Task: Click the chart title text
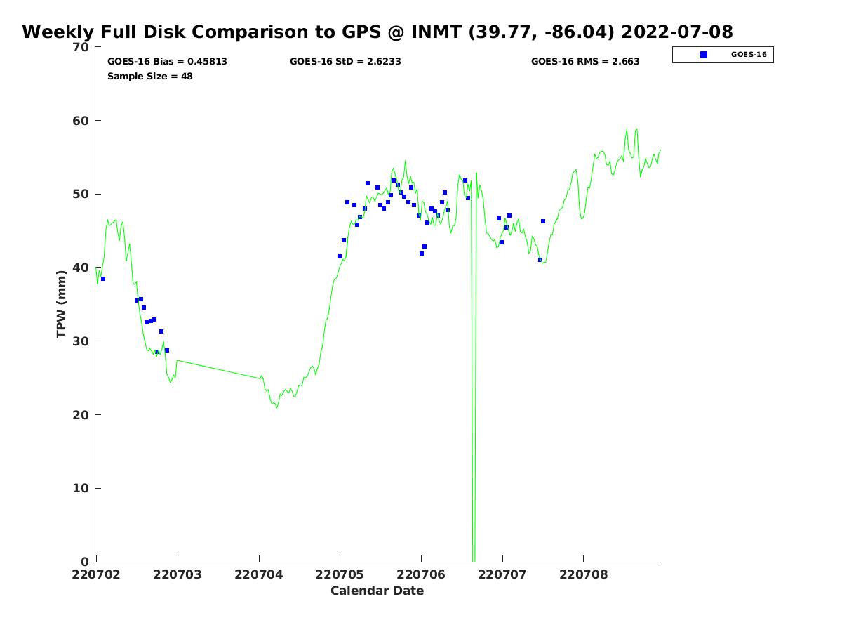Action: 377,32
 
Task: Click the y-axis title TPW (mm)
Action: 62,304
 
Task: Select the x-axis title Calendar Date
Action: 377,591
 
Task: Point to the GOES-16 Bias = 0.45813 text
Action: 167,62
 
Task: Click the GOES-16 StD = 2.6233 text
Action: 345,62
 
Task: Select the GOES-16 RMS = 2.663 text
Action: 585,62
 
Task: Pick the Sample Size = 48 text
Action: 150,76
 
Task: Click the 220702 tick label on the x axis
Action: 96,574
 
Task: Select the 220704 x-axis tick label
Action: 259,574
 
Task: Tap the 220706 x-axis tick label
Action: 421,574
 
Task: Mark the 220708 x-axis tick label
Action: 583,574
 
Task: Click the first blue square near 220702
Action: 103,279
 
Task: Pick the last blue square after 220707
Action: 543,221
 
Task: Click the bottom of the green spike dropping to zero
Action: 474,560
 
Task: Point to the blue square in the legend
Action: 704,55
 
